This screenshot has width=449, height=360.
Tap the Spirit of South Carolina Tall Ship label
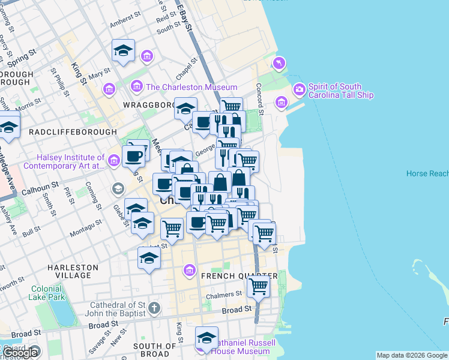pos(340,91)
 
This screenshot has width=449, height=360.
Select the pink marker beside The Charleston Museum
pos(137,87)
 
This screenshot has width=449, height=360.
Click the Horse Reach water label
pos(427,173)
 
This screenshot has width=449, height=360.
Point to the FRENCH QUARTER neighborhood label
pos(240,276)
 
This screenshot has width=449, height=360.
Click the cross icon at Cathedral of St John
pos(154,308)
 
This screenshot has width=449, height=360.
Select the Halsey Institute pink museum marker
pos(114,160)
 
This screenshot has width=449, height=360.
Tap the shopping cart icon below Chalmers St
pos(258,287)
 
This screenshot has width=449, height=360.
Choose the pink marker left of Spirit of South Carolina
pos(281,103)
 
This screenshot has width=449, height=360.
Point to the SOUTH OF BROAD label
pos(155,350)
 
